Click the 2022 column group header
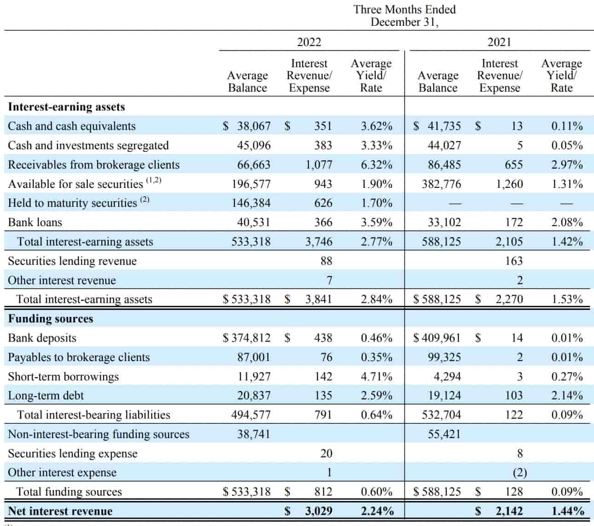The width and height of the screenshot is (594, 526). (309, 42)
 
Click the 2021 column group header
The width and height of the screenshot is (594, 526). (499, 42)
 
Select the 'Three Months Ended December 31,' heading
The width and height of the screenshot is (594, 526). (404, 16)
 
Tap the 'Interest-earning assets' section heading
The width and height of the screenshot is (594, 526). (66, 107)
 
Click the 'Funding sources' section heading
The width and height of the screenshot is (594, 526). (51, 319)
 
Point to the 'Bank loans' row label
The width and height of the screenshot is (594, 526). (35, 222)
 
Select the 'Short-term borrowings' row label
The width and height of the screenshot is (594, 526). (63, 377)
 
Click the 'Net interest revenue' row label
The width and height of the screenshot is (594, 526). (60, 511)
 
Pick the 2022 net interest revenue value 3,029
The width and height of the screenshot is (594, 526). (318, 511)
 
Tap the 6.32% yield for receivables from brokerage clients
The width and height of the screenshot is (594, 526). (376, 165)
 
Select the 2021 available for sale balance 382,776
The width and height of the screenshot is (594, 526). (441, 184)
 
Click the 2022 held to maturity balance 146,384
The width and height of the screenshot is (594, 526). (251, 203)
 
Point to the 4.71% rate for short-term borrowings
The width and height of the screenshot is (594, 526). (376, 377)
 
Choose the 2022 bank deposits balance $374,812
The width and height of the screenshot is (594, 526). (247, 338)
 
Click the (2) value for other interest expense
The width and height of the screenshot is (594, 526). (519, 473)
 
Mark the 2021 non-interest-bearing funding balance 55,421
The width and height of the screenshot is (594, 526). (444, 434)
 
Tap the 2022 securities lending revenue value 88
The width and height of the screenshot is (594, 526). (326, 261)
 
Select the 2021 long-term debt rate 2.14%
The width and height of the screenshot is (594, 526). (567, 396)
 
